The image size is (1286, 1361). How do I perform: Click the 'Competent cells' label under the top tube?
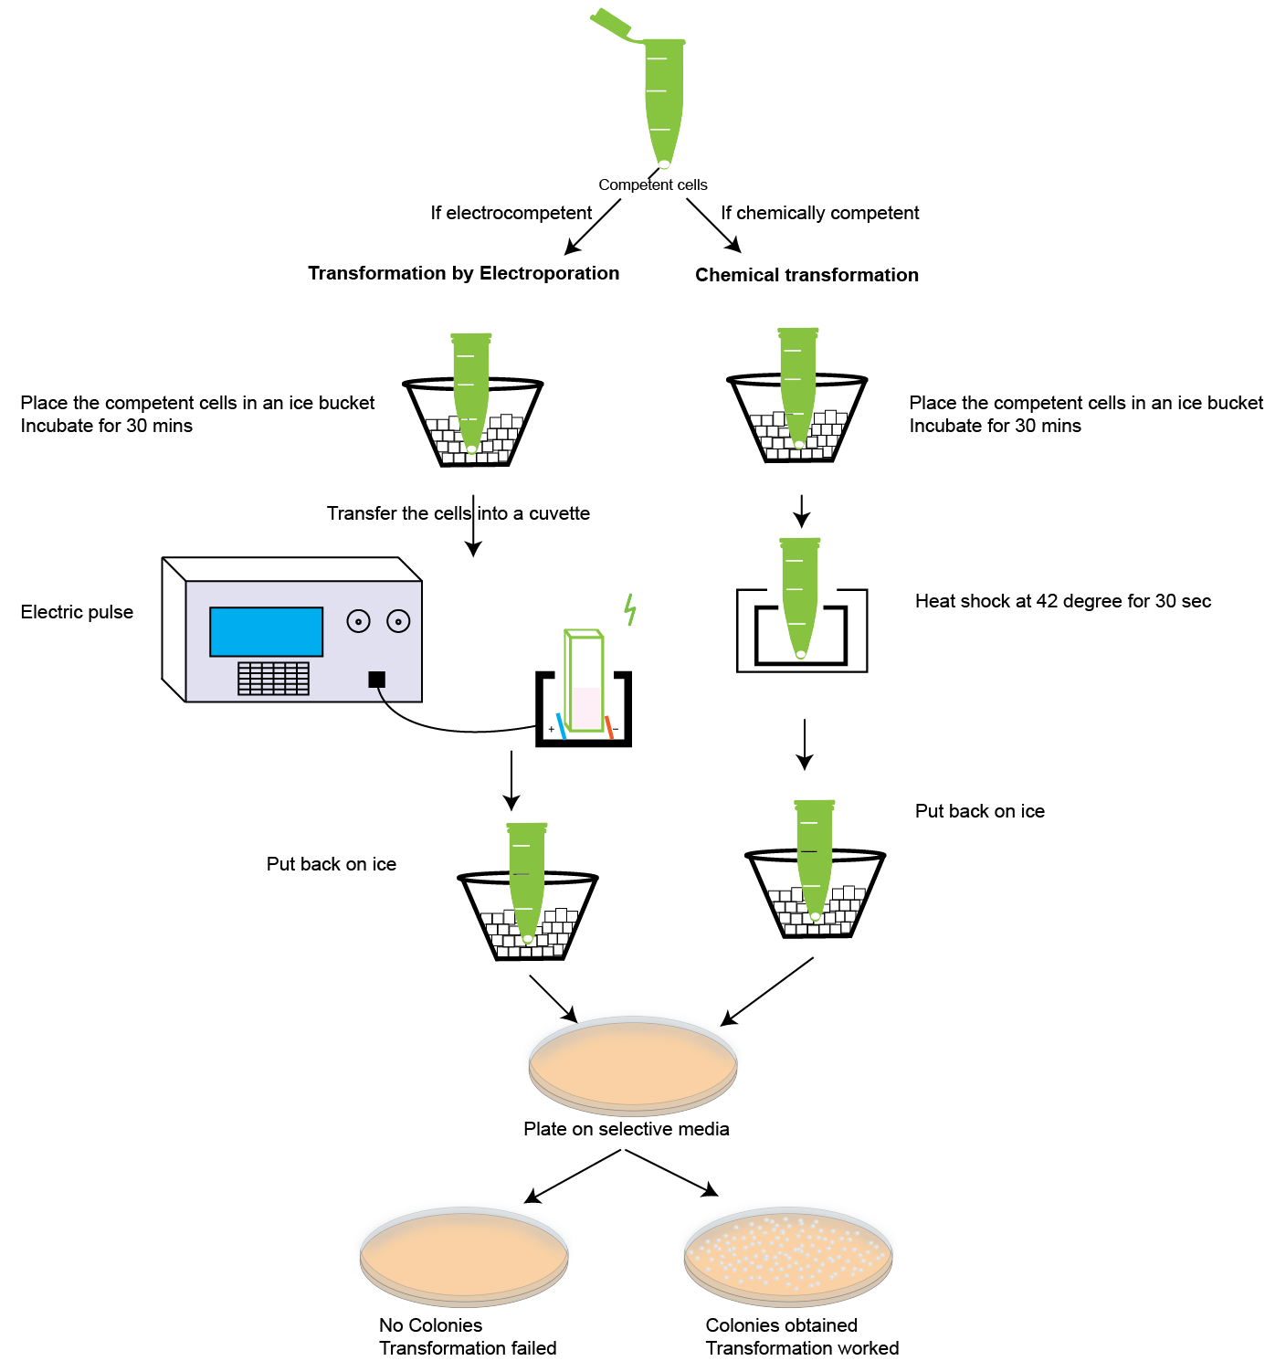click(x=652, y=185)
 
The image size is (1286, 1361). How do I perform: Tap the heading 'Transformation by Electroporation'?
click(x=463, y=273)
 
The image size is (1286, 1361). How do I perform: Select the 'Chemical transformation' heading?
click(x=806, y=275)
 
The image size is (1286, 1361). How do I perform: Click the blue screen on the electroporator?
click(x=266, y=631)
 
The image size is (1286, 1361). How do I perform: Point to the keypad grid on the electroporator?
click(x=273, y=678)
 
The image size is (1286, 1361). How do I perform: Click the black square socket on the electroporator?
click(x=376, y=680)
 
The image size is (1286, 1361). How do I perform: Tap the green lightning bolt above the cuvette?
click(x=629, y=609)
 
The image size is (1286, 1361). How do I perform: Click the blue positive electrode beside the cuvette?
click(x=561, y=725)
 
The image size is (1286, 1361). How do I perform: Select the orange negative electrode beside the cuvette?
click(x=608, y=726)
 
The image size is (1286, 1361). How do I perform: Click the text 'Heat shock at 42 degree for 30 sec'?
click(x=1062, y=601)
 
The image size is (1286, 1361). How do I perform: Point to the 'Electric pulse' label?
click(x=77, y=612)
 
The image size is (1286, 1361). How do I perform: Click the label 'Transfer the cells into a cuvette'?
click(x=458, y=513)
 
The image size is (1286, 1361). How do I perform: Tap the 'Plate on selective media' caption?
click(x=626, y=1129)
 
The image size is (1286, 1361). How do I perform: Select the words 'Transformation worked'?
click(x=802, y=1348)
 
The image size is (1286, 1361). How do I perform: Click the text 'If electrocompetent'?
click(x=511, y=213)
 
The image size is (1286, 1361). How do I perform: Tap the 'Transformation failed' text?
click(x=468, y=1348)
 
